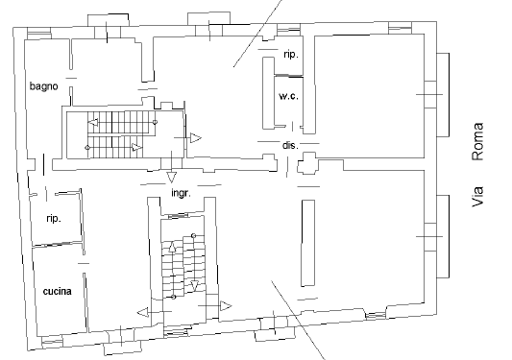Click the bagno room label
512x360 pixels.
point(44,86)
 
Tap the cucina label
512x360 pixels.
point(57,291)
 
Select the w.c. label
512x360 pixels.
point(288,96)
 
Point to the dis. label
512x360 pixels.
point(290,145)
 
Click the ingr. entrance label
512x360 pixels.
point(181,193)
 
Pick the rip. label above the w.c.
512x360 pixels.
point(291,54)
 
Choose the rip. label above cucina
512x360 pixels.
point(54,218)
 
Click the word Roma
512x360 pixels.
point(477,142)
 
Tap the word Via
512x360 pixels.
point(477,196)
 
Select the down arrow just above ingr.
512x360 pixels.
point(171,178)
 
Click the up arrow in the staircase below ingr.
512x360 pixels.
point(172,248)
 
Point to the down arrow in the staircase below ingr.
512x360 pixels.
point(195,285)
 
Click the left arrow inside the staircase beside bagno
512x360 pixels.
point(93,122)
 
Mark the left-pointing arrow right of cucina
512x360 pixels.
point(143,312)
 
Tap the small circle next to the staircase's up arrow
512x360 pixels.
point(194,235)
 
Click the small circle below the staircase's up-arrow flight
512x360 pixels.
point(173,297)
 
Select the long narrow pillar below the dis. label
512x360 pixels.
point(308,243)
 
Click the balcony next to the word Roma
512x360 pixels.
point(443,95)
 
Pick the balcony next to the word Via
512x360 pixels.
point(443,236)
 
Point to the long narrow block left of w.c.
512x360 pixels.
point(268,93)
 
